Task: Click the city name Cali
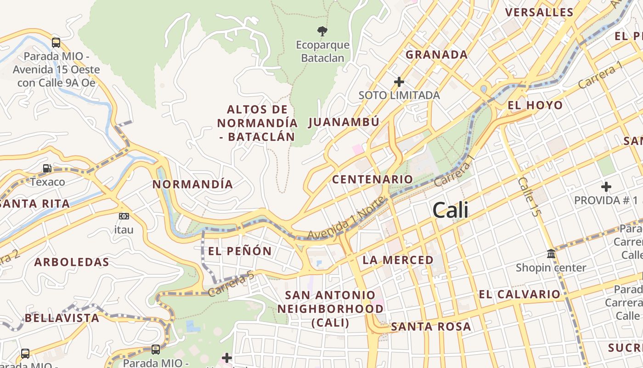[x=451, y=210]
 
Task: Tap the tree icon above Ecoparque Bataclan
[x=322, y=31]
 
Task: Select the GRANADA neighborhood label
[x=436, y=55]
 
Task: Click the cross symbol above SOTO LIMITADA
[x=399, y=82]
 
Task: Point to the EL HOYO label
[x=535, y=105]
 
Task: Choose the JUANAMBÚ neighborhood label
[x=344, y=122]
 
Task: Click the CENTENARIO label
[x=372, y=179]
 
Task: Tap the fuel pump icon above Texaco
[x=47, y=168]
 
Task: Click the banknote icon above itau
[x=124, y=216]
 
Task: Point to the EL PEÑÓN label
[x=240, y=251]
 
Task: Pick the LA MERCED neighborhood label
[x=398, y=260]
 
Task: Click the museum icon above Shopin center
[x=551, y=254]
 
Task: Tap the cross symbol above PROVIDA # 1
[x=606, y=187]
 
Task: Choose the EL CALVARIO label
[x=519, y=294]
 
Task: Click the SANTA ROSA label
[x=431, y=327]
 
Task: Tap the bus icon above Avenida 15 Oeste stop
[x=56, y=43]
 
